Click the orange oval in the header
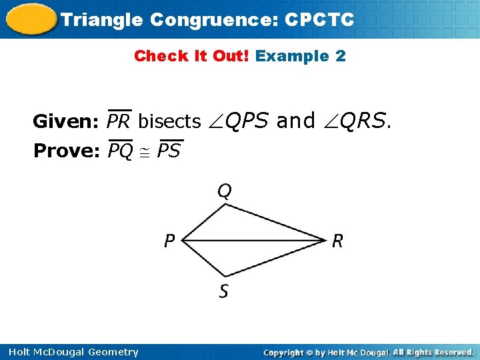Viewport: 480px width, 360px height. pyautogui.click(x=29, y=19)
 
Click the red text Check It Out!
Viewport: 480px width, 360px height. pyautogui.click(x=192, y=56)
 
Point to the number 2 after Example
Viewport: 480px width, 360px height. pyautogui.click(x=341, y=56)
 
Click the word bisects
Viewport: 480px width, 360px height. pyautogui.click(x=169, y=121)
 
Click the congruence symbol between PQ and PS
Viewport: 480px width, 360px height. pyautogui.click(x=145, y=153)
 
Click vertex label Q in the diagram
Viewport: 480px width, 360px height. pyautogui.click(x=225, y=192)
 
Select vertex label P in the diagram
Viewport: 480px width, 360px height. pyautogui.click(x=170, y=241)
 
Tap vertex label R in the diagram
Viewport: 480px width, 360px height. pyautogui.click(x=337, y=241)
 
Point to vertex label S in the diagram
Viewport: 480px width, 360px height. pyautogui.click(x=224, y=291)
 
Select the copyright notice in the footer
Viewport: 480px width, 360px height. pyautogui.click(x=369, y=352)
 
